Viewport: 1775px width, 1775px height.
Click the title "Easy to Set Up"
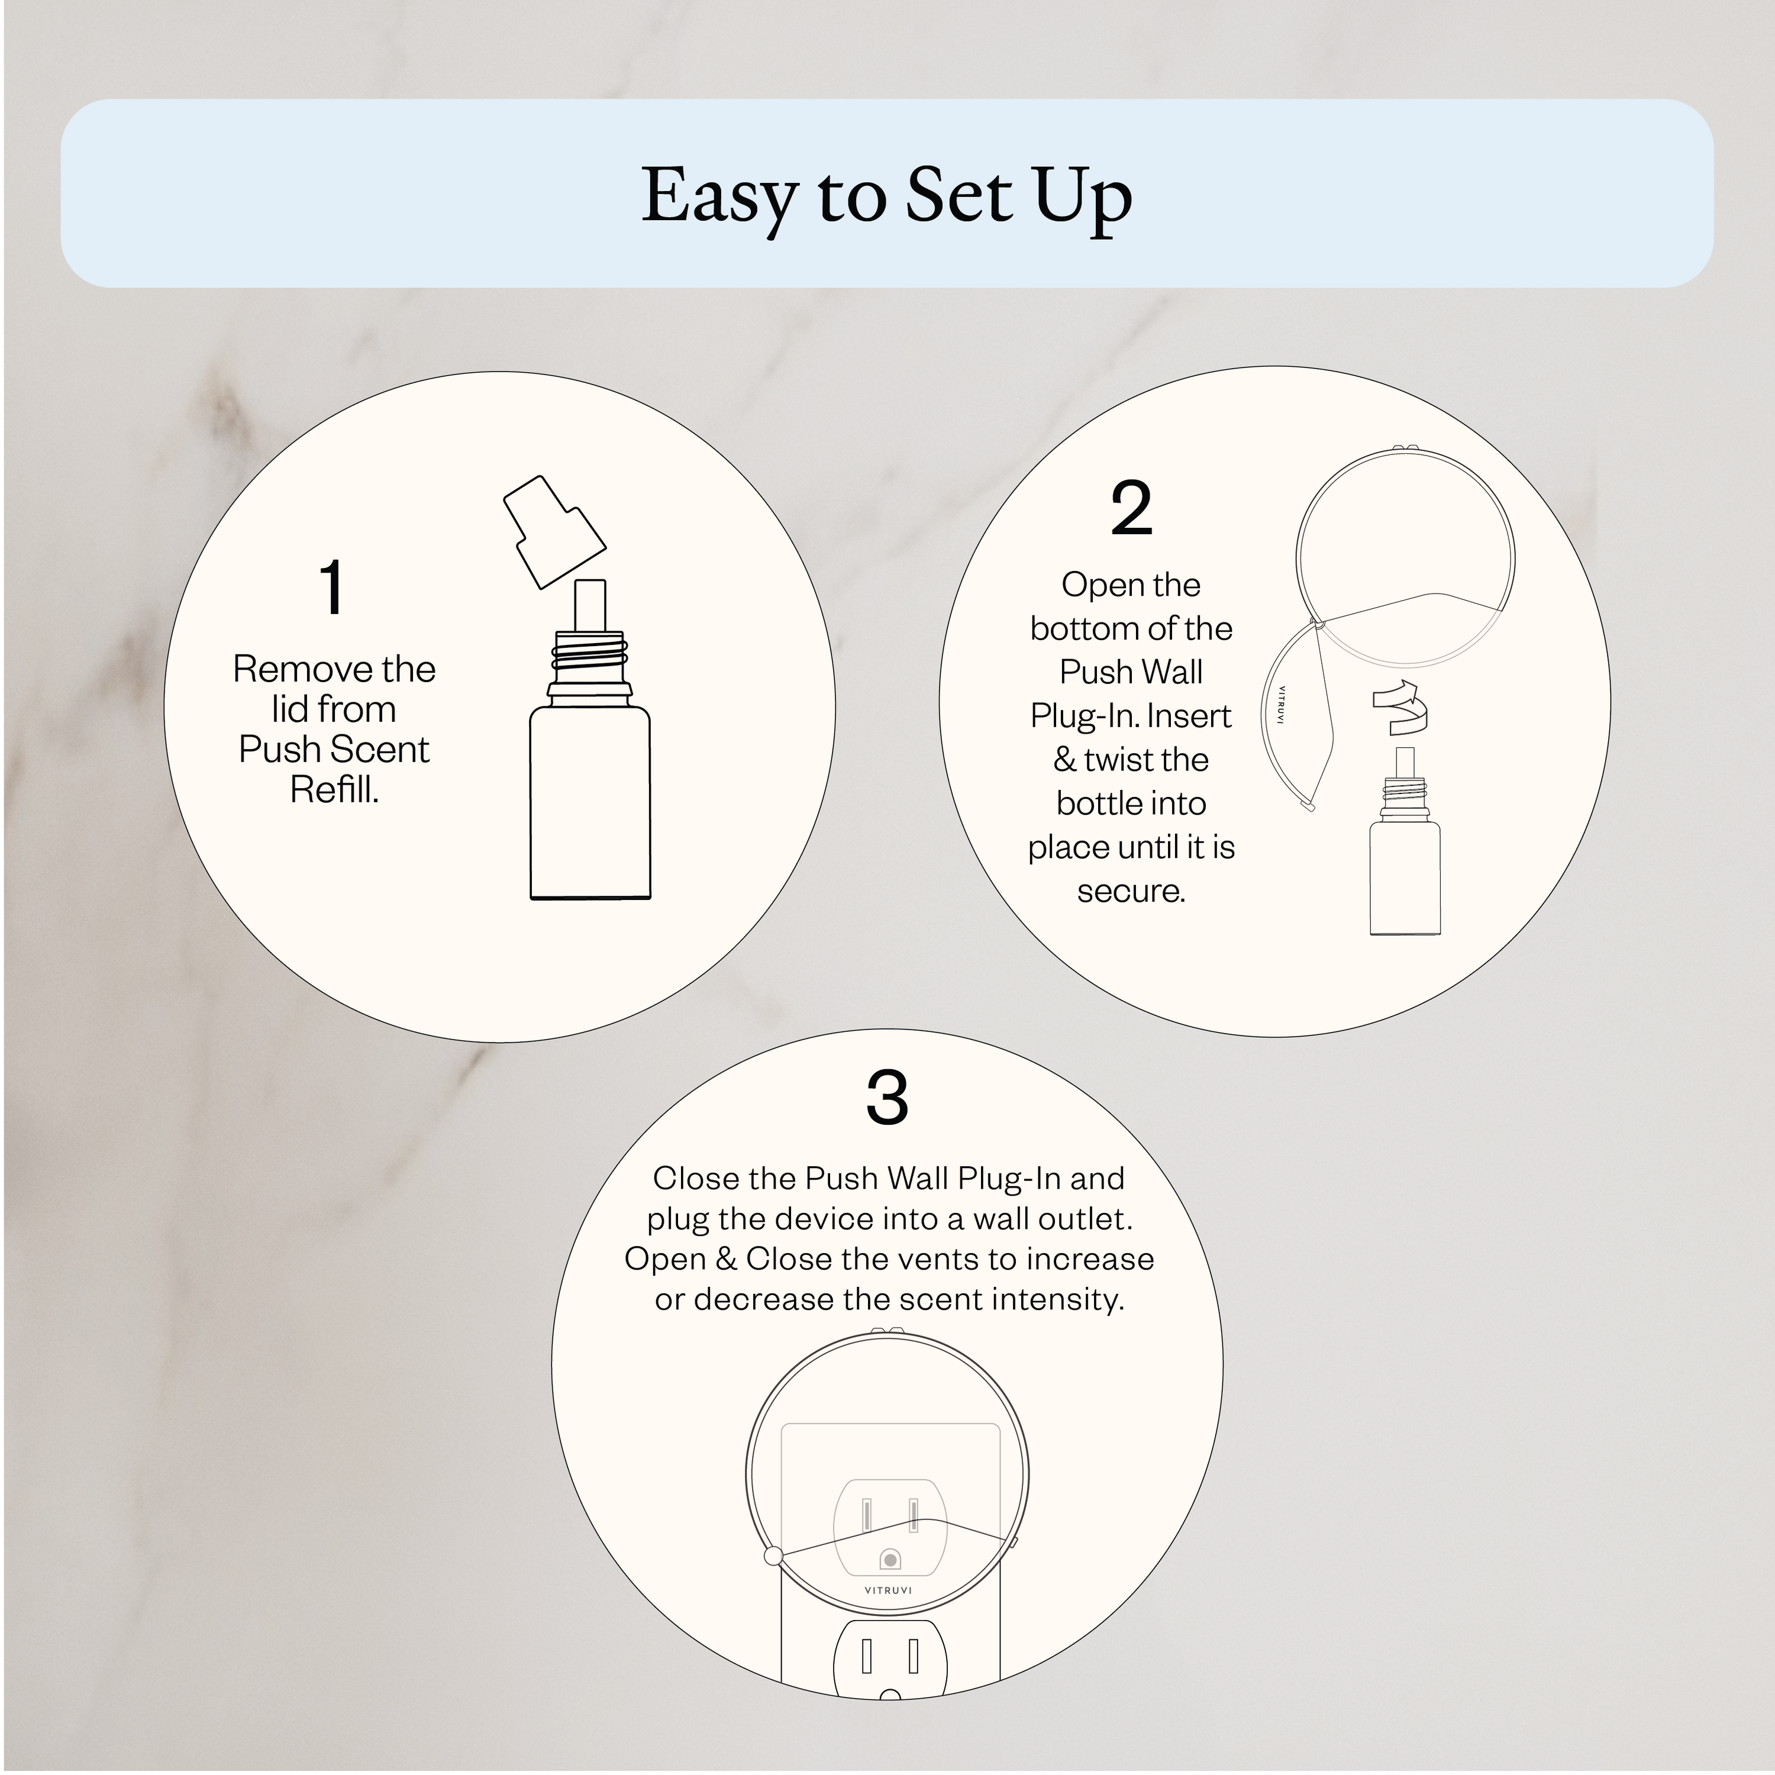coord(886,196)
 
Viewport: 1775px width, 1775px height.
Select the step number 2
coord(1131,508)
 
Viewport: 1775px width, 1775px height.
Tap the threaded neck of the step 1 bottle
coord(590,658)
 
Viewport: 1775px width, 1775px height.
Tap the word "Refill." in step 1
coord(334,790)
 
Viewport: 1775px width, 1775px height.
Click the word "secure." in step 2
coord(1131,891)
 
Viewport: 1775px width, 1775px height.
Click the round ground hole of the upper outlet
coord(889,1560)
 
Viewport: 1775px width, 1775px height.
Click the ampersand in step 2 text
coord(1065,760)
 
